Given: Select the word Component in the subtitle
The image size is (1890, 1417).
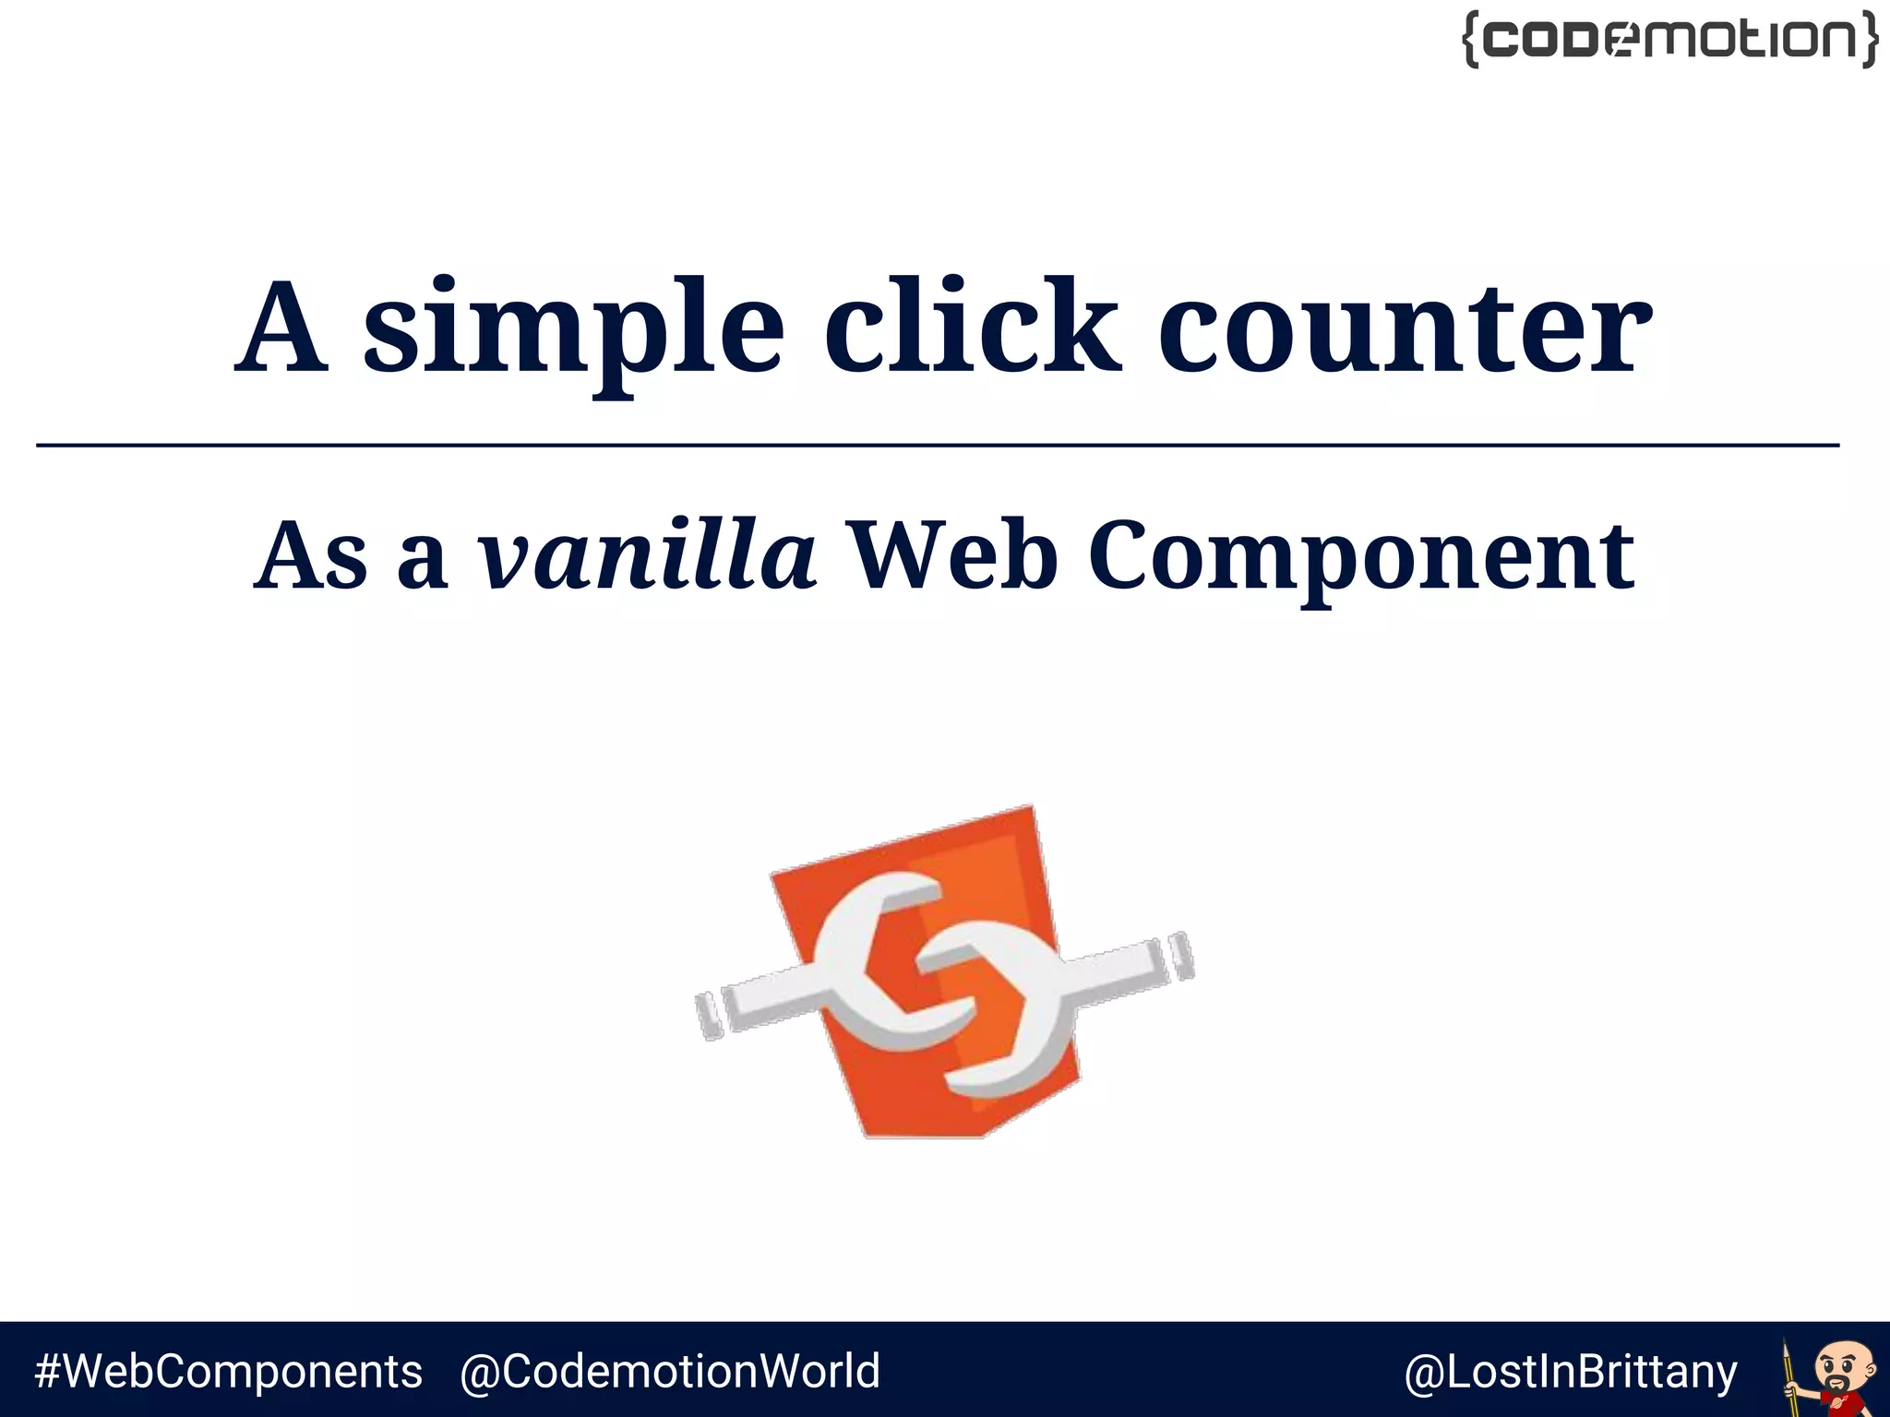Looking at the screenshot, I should tap(1361, 559).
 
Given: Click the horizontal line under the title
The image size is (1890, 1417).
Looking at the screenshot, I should tap(938, 446).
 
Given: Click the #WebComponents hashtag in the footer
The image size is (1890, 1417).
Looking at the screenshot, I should tap(228, 1371).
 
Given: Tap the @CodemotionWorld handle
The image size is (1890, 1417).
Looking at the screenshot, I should tap(670, 1371).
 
